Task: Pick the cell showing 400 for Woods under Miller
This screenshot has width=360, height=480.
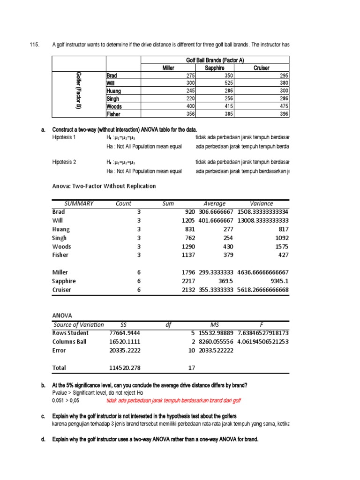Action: coord(188,106)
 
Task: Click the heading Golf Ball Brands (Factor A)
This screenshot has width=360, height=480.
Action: coord(215,60)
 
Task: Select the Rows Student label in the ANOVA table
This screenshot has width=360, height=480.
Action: coord(70,333)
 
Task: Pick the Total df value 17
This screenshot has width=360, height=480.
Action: coord(191,368)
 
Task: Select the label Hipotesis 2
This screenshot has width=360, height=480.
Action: coord(64,162)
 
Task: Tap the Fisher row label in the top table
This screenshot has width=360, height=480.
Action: coord(113,114)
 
